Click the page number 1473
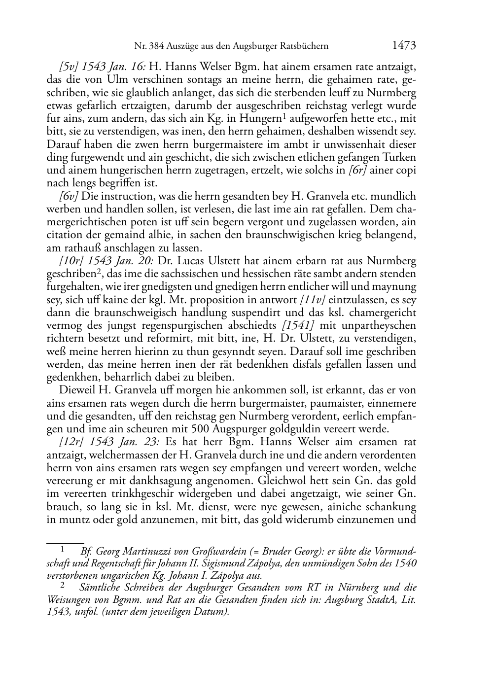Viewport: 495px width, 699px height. click(404, 45)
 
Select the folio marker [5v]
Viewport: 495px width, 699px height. click(69, 67)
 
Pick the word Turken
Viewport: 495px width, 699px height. click(400, 157)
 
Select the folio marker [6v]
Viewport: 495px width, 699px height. click(69, 196)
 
